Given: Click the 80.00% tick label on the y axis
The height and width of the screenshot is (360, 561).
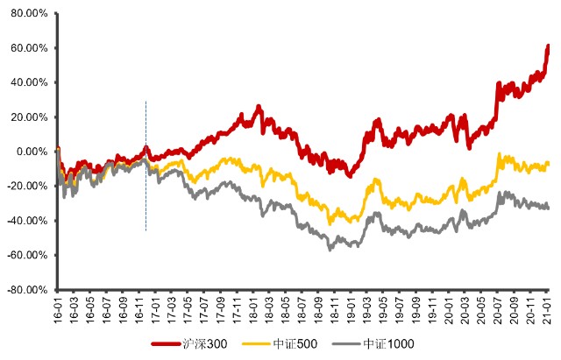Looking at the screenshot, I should pyautogui.click(x=28, y=13).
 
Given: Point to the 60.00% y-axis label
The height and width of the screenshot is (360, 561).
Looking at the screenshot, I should pyautogui.click(x=28, y=48).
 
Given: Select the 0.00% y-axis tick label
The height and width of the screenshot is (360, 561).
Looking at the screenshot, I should pyautogui.click(x=30, y=152).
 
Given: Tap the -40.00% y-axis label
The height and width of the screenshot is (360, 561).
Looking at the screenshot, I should pyautogui.click(x=26, y=221).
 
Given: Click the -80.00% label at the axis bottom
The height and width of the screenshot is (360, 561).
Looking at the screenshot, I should pyautogui.click(x=26, y=290).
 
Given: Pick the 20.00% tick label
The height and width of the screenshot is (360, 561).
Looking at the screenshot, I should pyautogui.click(x=28, y=116).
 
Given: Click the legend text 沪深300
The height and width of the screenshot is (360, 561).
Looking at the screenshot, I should pyautogui.click(x=210, y=344).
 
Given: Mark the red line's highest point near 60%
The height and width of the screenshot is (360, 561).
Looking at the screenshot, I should pyautogui.click(x=548, y=46).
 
